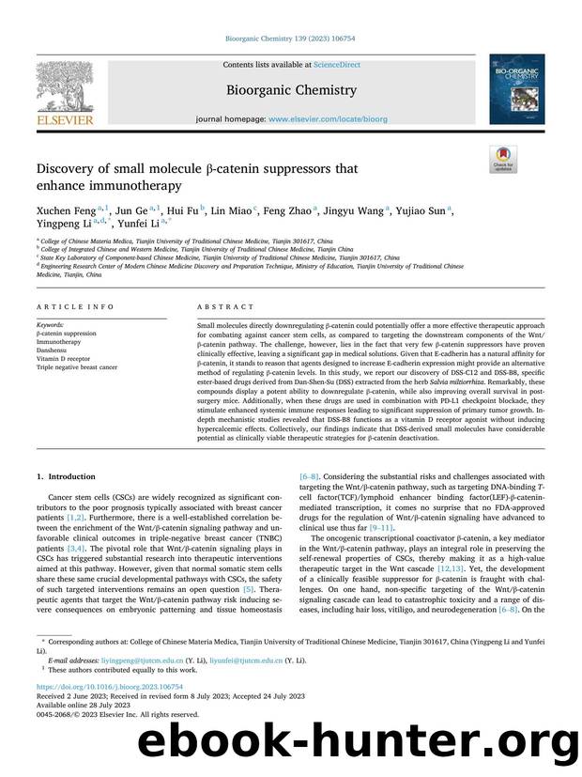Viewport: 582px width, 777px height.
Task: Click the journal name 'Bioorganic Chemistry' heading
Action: coord(290,90)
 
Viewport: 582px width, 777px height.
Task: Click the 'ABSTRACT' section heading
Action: coord(225,306)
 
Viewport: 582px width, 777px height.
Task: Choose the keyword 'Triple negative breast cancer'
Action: coord(77,367)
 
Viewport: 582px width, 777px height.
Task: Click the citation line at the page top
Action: coord(290,38)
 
